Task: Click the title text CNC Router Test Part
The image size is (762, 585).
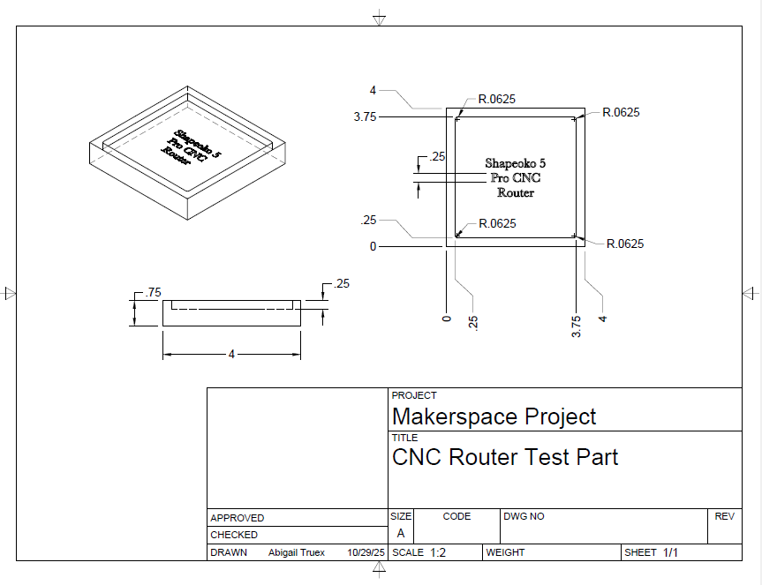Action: [505, 457]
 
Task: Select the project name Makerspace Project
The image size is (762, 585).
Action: [494, 416]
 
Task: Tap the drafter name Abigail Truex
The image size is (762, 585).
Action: [297, 552]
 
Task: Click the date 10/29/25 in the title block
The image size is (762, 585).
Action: [366, 552]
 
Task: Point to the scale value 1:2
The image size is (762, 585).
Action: [438, 552]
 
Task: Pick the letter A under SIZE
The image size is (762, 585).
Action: [401, 534]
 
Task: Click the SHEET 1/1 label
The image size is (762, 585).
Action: [651, 552]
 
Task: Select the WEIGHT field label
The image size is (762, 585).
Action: [505, 552]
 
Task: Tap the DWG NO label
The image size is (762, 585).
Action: [524, 516]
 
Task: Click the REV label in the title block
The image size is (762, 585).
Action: [724, 516]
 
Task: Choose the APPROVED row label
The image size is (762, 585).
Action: [237, 518]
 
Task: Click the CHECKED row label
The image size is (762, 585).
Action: [234, 535]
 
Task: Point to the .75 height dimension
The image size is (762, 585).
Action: [153, 292]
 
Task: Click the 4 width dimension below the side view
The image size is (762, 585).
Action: [231, 355]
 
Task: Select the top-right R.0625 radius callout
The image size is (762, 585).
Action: [621, 112]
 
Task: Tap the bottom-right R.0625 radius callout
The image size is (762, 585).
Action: [625, 244]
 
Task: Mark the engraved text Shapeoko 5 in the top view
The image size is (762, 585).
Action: [516, 163]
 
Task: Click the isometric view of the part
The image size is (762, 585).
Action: [187, 152]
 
